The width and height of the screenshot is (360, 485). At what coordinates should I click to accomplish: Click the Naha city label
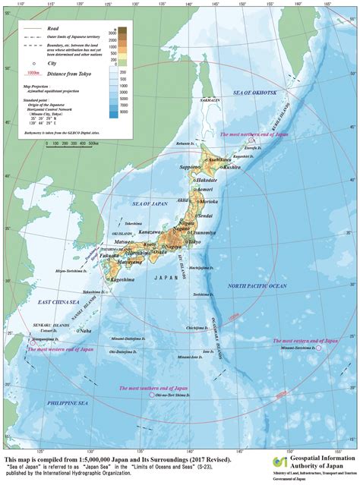coord(84,331)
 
